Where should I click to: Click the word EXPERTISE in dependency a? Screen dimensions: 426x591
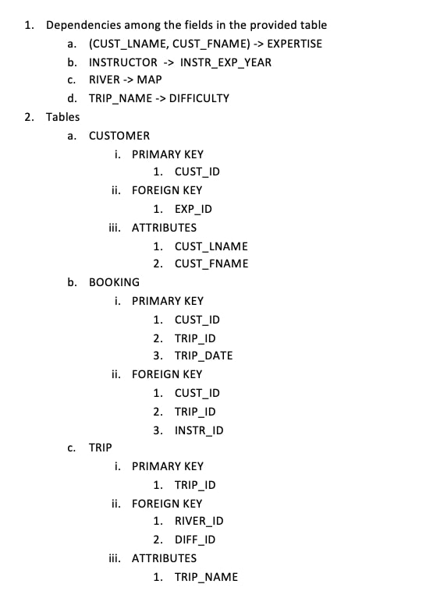(x=295, y=44)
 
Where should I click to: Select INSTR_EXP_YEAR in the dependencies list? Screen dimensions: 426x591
(x=225, y=62)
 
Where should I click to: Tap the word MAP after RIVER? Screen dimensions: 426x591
(x=149, y=80)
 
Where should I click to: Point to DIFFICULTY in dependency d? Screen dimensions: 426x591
(x=199, y=98)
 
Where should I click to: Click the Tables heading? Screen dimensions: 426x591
(x=62, y=117)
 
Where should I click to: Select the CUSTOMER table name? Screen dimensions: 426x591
(x=119, y=136)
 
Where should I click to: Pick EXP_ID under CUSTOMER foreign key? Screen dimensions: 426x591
(x=193, y=209)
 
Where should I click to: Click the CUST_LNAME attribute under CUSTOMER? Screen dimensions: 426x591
(x=211, y=246)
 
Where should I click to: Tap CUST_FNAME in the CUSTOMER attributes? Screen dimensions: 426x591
(x=211, y=264)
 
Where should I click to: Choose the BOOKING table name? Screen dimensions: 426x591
(x=115, y=282)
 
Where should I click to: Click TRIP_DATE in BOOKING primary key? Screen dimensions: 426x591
(x=204, y=356)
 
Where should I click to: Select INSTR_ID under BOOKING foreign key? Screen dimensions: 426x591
(x=199, y=430)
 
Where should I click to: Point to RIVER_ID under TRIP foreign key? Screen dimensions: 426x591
(x=199, y=521)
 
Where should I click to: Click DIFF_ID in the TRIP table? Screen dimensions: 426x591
(x=195, y=540)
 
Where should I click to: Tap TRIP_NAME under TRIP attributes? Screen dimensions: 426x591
(x=206, y=577)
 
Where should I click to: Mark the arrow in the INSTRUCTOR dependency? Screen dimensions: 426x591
(x=169, y=62)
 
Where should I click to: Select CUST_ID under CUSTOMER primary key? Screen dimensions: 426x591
(x=197, y=172)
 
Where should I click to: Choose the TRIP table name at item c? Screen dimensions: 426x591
(x=101, y=448)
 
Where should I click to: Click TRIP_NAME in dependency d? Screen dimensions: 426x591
(x=120, y=98)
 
